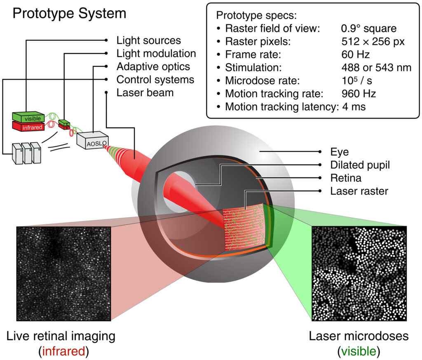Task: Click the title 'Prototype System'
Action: pos(69,13)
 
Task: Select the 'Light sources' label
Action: pos(148,40)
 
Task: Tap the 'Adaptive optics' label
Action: pos(153,66)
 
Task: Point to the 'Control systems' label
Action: pos(155,79)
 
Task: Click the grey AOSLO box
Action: pos(92,140)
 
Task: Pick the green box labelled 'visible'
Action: pos(28,117)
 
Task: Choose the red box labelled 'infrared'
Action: pos(27,126)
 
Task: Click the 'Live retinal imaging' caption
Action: pos(61,336)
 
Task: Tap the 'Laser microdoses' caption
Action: pos(359,336)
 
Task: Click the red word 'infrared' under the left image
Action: pos(61,351)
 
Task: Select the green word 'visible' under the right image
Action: pos(359,351)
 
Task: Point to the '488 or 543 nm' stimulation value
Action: pos(374,68)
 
